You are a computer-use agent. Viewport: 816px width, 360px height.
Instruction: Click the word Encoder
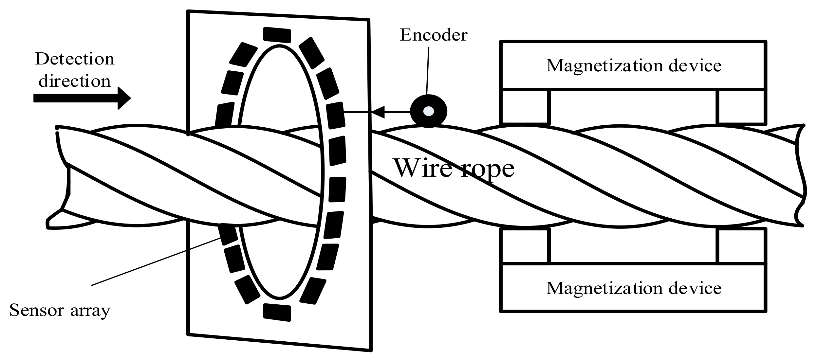coord(433,35)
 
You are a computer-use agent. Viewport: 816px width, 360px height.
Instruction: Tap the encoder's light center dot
coord(428,111)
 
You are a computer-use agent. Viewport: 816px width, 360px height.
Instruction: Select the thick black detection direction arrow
coord(82,98)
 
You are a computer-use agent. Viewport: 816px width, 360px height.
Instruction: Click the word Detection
coord(75,59)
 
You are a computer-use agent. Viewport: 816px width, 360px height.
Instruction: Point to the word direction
coord(75,81)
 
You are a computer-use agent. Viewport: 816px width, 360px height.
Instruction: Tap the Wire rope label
coord(454,168)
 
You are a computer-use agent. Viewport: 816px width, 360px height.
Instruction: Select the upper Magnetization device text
coord(633,65)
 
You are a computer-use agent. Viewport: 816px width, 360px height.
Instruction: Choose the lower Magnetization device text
coord(633,288)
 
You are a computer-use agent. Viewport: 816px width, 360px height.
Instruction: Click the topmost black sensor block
coord(277,35)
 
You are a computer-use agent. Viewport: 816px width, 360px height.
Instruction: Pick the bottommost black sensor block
coord(277,312)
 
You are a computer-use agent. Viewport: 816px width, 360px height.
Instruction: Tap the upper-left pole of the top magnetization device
coord(525,106)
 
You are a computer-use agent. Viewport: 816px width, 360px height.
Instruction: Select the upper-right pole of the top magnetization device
coord(741,106)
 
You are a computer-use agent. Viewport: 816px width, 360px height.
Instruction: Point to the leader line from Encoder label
coord(428,70)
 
